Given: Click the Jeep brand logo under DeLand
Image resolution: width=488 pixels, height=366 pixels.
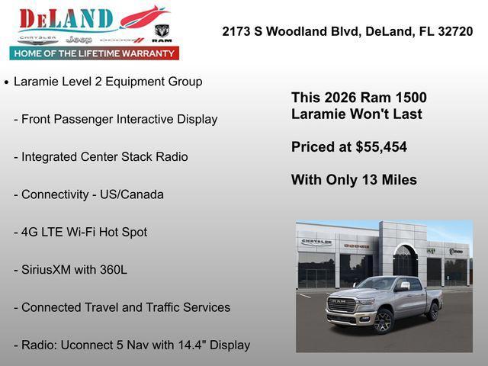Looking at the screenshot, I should coord(79,39).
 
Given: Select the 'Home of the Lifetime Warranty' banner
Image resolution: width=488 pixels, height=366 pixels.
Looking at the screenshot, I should coord(95,53).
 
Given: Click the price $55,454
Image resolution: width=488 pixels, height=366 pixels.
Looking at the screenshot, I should coord(381,147).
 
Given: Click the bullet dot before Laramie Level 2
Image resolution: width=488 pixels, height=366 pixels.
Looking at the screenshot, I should coord(7,82).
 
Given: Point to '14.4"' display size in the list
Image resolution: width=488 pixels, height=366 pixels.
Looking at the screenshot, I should coord(191,345).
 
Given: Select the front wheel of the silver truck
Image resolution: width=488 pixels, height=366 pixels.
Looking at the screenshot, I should coord(383,321).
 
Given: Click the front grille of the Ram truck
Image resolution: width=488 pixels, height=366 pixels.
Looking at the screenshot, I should coord(342,307).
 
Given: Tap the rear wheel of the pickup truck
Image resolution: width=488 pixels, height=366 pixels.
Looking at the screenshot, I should coord(433,311).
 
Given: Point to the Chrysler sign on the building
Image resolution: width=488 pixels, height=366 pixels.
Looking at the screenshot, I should coord(316,242).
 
